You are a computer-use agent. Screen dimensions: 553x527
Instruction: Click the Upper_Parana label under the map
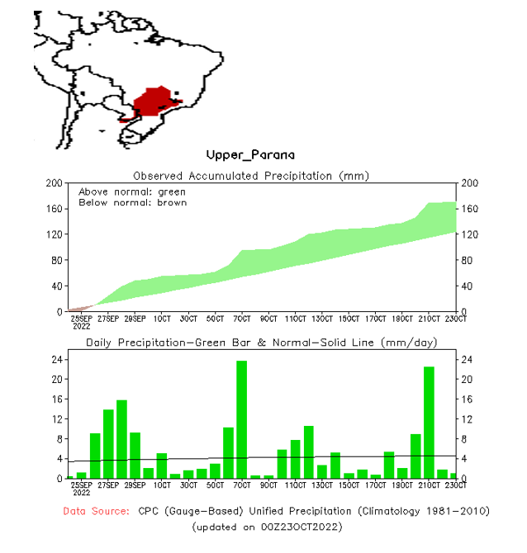click(250, 154)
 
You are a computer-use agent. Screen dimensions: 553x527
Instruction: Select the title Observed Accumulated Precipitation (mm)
click(251, 175)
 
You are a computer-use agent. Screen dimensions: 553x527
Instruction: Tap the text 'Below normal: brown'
click(132, 202)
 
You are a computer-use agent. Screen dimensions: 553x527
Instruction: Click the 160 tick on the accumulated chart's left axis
click(55, 208)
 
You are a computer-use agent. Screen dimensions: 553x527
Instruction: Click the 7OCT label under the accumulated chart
click(241, 319)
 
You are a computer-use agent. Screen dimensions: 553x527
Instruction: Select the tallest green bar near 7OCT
click(242, 419)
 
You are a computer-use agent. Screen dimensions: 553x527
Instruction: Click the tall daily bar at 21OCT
click(429, 422)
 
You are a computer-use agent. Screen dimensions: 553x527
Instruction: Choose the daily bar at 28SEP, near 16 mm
click(121, 439)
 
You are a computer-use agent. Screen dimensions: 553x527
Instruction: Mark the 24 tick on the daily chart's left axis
click(57, 360)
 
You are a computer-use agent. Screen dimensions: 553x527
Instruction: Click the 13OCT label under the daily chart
click(322, 485)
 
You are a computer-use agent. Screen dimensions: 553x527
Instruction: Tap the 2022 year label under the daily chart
click(81, 494)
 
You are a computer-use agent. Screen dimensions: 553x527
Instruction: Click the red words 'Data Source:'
click(97, 511)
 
